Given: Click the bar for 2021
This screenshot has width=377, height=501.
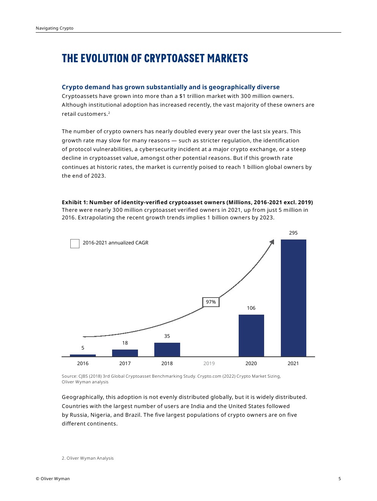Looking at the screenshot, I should click(293, 298).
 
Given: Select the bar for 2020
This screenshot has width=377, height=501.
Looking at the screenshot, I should click(251, 336).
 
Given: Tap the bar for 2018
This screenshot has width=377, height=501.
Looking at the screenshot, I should click(167, 350).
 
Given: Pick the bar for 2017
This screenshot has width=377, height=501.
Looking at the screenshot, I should click(125, 353).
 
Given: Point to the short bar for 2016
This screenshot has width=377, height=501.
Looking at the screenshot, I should click(83, 355).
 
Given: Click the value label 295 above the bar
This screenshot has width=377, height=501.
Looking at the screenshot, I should click(293, 233).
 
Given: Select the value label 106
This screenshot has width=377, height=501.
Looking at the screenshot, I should click(251, 308).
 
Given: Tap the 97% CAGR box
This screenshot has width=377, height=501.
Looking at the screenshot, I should click(211, 302).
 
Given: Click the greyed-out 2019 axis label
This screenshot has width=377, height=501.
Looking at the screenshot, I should click(209, 364).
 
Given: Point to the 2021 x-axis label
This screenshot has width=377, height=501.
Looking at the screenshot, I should click(293, 364).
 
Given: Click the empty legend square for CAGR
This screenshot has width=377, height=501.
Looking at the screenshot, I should click(75, 243).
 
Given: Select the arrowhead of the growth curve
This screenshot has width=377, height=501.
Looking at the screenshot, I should click(272, 242).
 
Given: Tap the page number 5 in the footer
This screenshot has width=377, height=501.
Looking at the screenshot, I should click(340, 479).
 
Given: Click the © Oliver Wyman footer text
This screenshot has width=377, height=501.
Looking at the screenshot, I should click(53, 479).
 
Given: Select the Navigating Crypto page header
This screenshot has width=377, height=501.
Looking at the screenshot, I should click(55, 28).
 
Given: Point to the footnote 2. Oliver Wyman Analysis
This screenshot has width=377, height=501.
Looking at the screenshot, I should click(88, 458).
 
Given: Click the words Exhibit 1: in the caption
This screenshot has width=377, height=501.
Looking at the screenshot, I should click(74, 202).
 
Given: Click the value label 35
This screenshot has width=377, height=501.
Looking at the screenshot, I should click(167, 336).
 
